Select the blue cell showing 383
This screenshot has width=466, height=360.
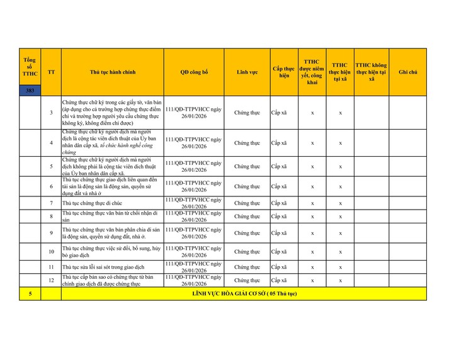point(30,91)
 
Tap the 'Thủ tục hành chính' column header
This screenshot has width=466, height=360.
point(113,72)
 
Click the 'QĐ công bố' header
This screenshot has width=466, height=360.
point(193,72)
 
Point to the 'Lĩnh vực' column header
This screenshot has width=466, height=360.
point(247,72)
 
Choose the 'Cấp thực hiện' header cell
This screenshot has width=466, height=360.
point(283,72)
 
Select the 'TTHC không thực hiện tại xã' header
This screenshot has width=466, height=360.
point(371,72)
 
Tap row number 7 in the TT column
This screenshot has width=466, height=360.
point(51,203)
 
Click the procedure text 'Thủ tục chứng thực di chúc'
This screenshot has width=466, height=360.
point(92,203)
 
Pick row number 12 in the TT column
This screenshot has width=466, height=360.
point(51,281)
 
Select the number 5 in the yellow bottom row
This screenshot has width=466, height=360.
point(30,294)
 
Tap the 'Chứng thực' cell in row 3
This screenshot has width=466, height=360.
point(247,113)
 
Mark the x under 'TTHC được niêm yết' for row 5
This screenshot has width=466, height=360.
point(312,167)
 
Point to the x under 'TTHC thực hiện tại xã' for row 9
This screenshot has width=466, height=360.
point(340,233)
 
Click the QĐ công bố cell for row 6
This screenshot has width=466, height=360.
point(193,187)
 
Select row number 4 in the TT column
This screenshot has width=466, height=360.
point(51,143)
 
